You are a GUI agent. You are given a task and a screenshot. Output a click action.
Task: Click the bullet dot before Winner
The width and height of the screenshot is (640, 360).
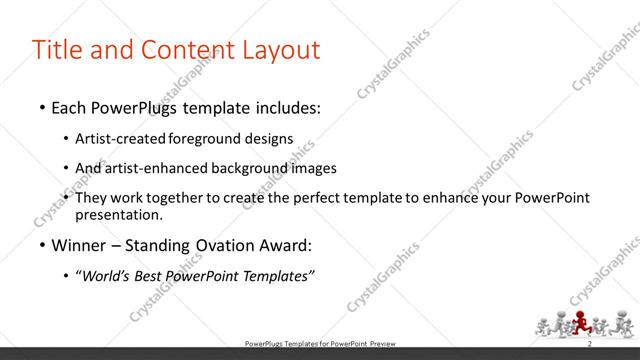(x=42, y=246)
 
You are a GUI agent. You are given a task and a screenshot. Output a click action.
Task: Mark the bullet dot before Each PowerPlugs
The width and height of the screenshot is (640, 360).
(x=42, y=108)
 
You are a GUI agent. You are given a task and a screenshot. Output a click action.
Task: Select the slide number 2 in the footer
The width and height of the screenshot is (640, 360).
(x=590, y=343)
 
